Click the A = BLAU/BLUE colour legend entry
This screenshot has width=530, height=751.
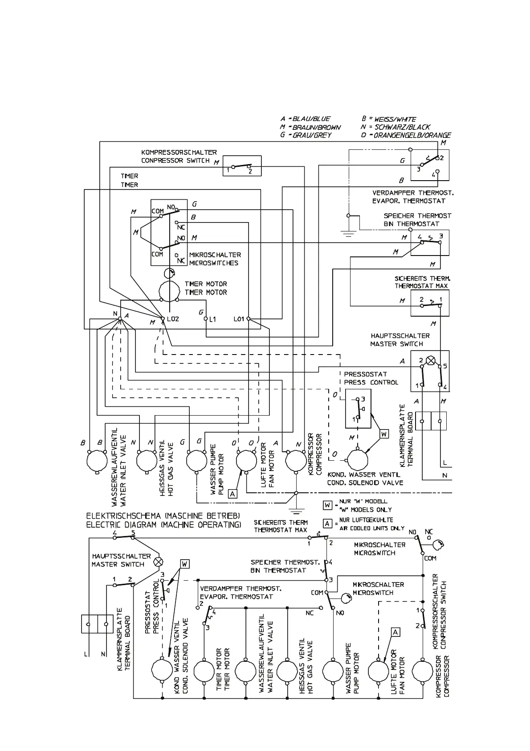tap(306, 119)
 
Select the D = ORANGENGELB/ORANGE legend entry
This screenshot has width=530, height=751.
tap(406, 135)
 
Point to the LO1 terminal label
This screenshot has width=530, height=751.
tap(239, 319)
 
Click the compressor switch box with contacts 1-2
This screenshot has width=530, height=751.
tap(242, 166)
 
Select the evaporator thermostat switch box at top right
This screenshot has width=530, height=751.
tap(429, 165)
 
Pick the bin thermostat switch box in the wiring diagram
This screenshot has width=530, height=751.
tap(429, 243)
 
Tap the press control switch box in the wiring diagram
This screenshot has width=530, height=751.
tap(357, 408)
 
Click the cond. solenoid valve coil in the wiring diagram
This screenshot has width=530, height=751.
tap(358, 460)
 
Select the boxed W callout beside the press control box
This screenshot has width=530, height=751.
tap(384, 433)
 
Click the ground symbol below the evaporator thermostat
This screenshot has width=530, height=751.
tap(348, 233)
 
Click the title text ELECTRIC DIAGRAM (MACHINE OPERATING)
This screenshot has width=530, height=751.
tap(163, 525)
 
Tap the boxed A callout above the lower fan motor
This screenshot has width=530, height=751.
tap(395, 632)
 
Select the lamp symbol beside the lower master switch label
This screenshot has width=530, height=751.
tap(158, 561)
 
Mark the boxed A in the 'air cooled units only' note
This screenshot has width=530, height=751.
tap(327, 524)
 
